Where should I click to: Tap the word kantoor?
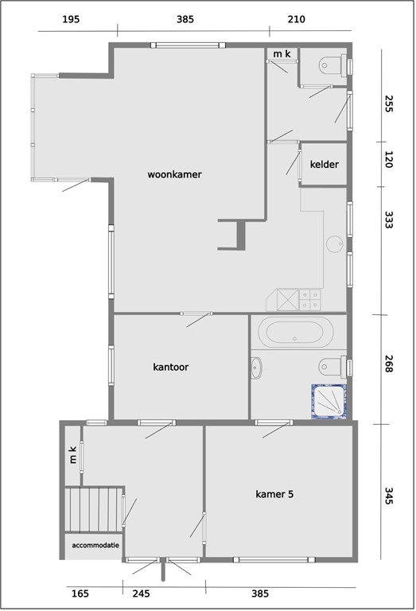(170, 368)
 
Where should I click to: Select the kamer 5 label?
(274, 494)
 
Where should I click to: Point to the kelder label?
(325, 165)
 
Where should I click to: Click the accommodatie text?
(95, 546)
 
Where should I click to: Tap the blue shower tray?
(330, 403)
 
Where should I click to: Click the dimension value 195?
(71, 19)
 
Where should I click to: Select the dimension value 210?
(296, 19)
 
